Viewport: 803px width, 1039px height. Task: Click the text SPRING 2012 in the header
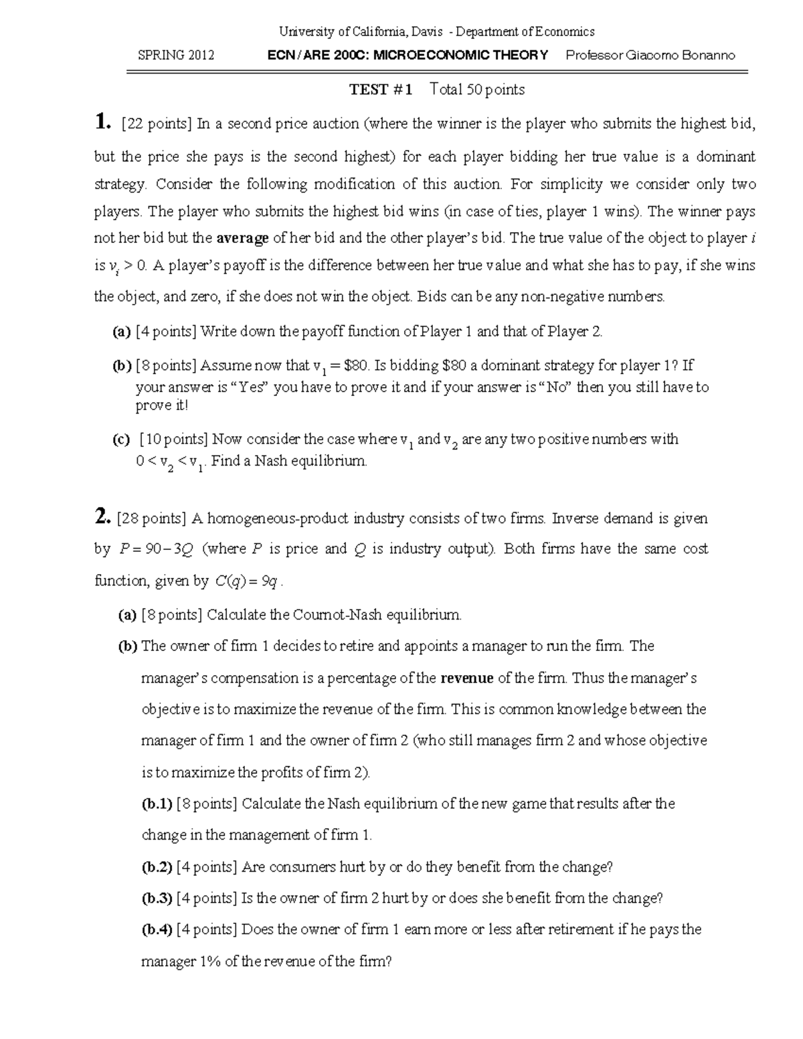pos(176,56)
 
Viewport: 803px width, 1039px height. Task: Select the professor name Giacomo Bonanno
pos(680,56)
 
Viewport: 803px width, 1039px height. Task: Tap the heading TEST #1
pos(381,90)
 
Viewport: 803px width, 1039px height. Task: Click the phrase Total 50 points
pos(478,90)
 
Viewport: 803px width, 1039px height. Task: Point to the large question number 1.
pos(101,122)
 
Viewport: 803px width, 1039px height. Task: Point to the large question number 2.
pos(101,516)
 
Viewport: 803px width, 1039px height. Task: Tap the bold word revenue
pos(467,678)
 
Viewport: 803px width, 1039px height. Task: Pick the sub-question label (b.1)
pos(157,804)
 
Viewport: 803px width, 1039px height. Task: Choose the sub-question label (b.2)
pos(157,867)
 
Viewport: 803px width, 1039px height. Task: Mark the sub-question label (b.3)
pos(157,898)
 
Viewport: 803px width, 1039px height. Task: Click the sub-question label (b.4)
pos(157,929)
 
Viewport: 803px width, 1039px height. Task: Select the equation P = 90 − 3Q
pos(156,549)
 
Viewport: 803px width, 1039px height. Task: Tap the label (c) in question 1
pos(121,440)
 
